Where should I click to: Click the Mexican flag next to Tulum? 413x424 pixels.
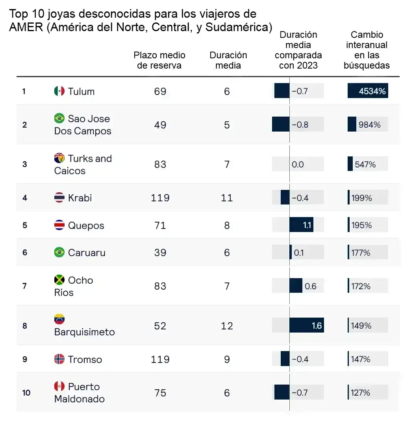click(x=59, y=91)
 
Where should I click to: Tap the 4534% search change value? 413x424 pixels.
click(x=372, y=91)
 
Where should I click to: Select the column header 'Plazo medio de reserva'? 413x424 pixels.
click(x=159, y=60)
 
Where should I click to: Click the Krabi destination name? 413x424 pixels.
click(x=80, y=198)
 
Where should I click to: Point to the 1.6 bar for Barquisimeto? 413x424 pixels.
click(x=307, y=325)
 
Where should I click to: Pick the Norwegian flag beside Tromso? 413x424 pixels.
click(x=59, y=359)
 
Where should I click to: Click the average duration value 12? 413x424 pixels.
click(x=227, y=325)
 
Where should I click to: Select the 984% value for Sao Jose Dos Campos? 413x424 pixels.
click(x=369, y=125)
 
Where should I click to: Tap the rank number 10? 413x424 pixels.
click(x=26, y=392)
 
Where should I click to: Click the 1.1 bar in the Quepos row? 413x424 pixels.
click(x=302, y=225)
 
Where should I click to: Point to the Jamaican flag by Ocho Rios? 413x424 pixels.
click(x=59, y=280)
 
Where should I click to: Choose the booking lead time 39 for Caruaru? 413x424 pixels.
click(x=160, y=252)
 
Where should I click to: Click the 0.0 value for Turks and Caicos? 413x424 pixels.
click(x=298, y=164)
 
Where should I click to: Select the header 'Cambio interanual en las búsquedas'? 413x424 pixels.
click(x=367, y=50)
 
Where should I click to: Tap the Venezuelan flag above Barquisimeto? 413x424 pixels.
click(x=59, y=319)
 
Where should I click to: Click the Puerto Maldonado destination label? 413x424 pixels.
click(x=80, y=392)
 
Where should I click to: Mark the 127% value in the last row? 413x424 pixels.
click(x=360, y=392)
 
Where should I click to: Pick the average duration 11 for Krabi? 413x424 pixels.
click(x=227, y=198)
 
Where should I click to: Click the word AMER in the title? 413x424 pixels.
click(x=26, y=27)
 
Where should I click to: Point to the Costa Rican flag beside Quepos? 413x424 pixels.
click(x=59, y=225)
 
